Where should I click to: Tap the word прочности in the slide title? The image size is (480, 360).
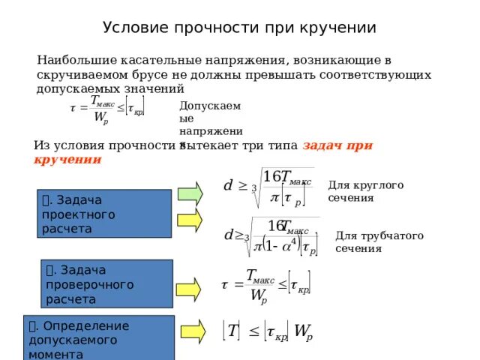click(213, 28)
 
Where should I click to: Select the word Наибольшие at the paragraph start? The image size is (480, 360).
click(76, 59)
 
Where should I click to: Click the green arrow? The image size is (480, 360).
click(190, 193)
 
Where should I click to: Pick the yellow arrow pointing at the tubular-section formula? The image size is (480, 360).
click(190, 220)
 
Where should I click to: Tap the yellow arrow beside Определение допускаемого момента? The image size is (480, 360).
click(192, 330)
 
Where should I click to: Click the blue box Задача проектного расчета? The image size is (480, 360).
click(104, 214)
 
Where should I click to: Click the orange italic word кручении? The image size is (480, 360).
click(67, 160)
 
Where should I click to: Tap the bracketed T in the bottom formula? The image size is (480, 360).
click(232, 331)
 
